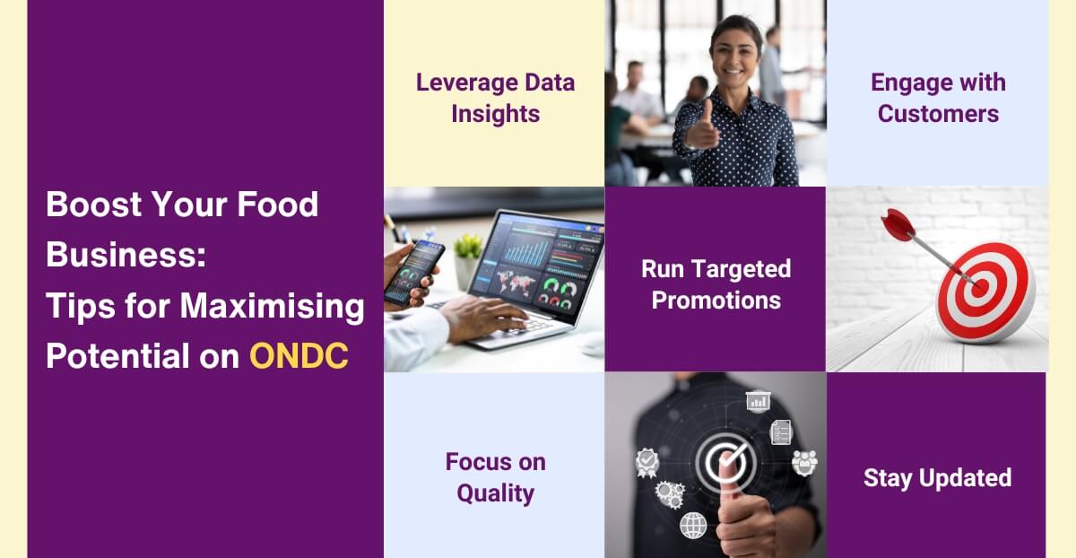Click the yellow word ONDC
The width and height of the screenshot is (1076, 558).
pos(299,356)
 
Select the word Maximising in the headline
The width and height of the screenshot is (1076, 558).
pos(271,307)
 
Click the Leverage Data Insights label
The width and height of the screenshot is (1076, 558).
pos(495,99)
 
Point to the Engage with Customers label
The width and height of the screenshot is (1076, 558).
pos(938,99)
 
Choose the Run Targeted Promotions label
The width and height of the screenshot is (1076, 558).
pos(716,283)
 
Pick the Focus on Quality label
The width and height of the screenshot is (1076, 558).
pos(495,477)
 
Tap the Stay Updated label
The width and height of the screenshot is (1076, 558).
pos(937,478)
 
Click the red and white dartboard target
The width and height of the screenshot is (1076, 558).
pos(985,292)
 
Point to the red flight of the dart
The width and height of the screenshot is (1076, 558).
pos(897,224)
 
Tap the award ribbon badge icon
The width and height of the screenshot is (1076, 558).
pos(646,461)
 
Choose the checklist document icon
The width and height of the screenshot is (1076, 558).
pos(781,432)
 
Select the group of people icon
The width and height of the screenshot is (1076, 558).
pos(804,463)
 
